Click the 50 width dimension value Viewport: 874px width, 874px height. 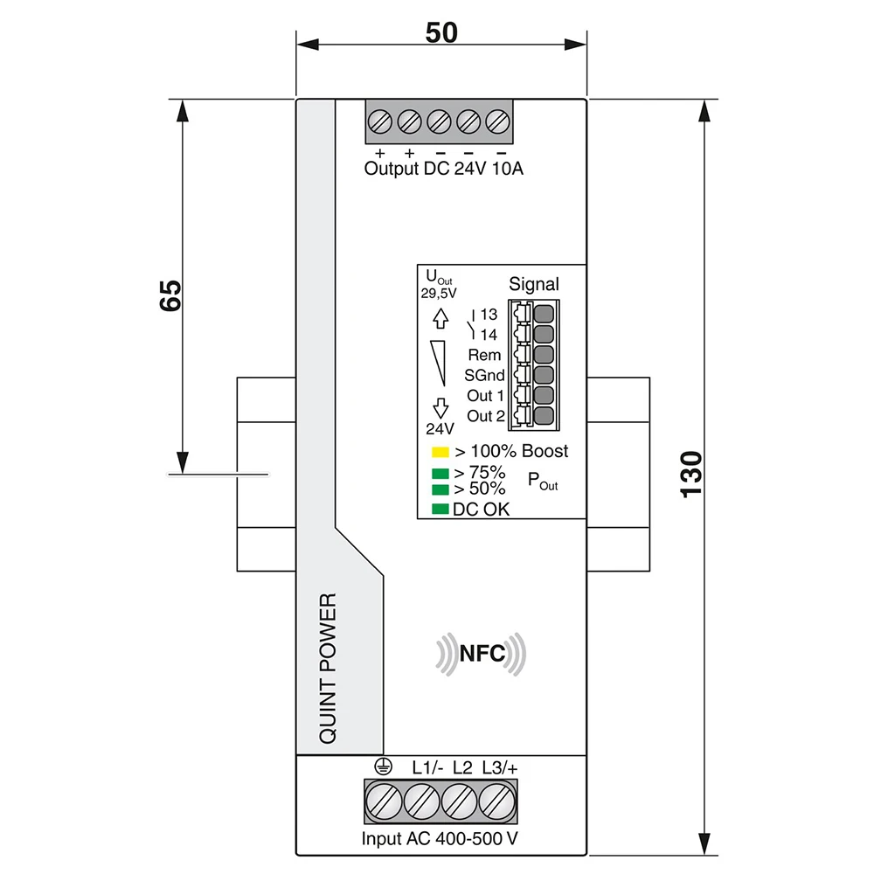click(x=441, y=33)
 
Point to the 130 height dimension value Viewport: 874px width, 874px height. click(x=691, y=475)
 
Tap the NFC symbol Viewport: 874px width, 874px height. click(x=482, y=654)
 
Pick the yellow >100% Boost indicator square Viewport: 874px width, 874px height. click(x=440, y=453)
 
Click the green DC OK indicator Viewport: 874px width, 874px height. click(x=440, y=509)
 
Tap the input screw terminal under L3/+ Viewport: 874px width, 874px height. click(x=496, y=801)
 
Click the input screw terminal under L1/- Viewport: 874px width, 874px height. click(x=421, y=801)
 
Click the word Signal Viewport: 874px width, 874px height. click(x=533, y=284)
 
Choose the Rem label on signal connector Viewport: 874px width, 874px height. click(x=485, y=355)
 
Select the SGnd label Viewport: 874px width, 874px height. click(x=484, y=375)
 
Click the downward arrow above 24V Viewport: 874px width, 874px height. click(x=440, y=407)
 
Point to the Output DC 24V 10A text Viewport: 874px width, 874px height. click(x=443, y=169)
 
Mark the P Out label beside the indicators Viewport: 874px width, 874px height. click(x=542, y=480)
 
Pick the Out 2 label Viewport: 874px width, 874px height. click(x=486, y=416)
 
